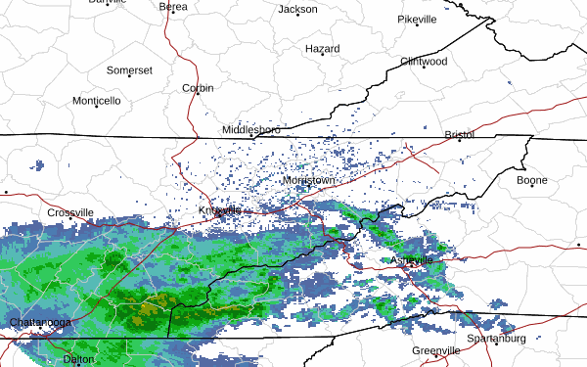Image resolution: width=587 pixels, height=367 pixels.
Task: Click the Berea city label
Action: (173, 7)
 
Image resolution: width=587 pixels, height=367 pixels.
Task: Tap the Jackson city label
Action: (297, 10)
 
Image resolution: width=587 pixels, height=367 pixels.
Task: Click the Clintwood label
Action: (424, 62)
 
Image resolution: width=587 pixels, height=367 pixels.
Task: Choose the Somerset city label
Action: (129, 70)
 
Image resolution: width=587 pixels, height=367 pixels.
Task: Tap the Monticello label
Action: (96, 101)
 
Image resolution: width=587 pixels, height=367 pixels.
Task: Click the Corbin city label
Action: (198, 88)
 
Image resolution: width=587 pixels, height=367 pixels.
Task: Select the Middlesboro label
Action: (250, 130)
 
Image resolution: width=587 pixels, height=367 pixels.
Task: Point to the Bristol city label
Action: (459, 134)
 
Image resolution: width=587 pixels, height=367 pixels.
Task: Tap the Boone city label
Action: (532, 180)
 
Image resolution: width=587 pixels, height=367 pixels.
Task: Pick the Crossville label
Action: (70, 212)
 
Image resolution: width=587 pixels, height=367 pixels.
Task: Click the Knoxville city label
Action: (220, 210)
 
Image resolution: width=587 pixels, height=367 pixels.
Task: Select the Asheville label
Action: (411, 260)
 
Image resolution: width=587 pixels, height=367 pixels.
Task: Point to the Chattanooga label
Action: (42, 322)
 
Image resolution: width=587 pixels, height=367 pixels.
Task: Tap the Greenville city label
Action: (435, 350)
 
